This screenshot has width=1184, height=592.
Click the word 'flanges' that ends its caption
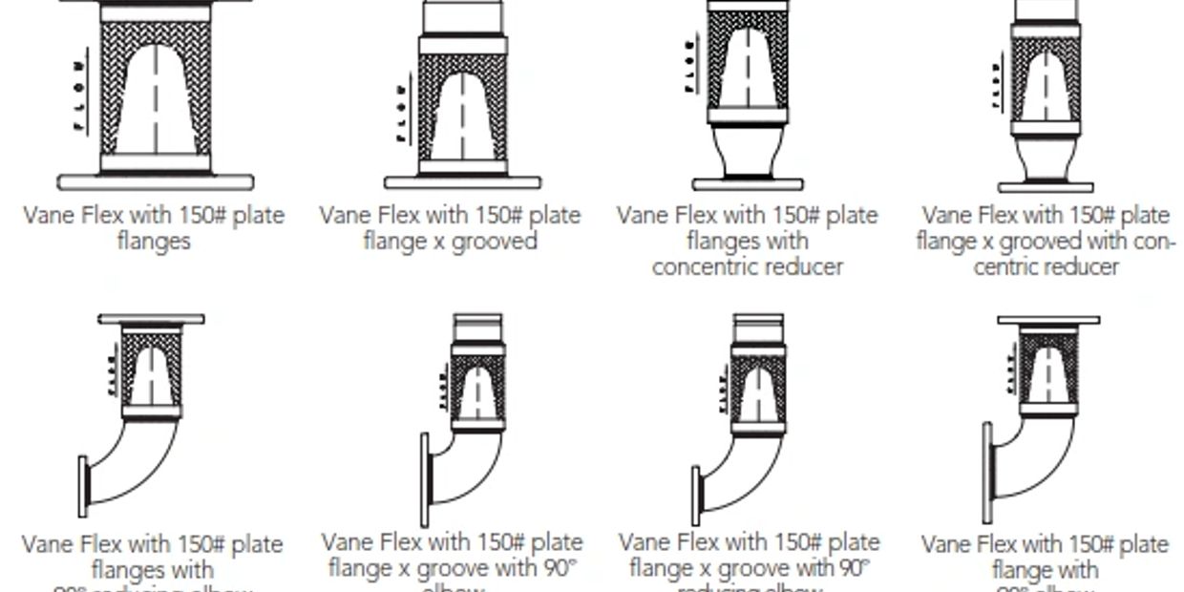(x=154, y=242)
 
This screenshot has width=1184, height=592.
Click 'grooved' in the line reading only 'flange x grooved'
(x=495, y=242)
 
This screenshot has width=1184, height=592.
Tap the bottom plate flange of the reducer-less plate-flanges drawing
(x=156, y=181)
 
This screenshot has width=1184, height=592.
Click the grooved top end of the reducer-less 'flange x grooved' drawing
(x=463, y=16)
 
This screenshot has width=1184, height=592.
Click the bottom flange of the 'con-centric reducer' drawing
(x=1046, y=186)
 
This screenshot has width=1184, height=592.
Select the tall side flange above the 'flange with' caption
(x=987, y=473)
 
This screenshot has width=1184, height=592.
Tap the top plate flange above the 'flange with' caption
(x=1048, y=320)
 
